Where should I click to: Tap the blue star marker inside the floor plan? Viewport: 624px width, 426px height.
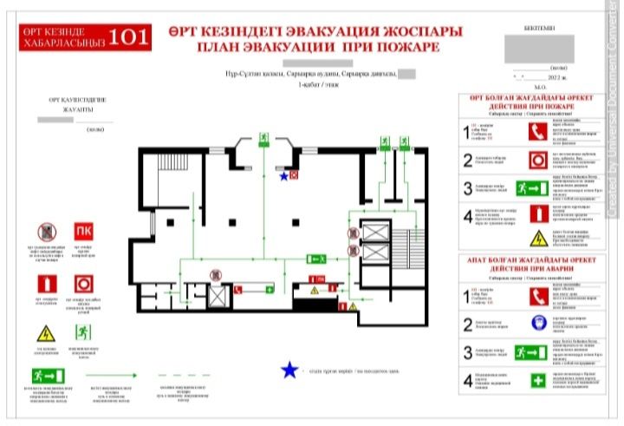[283, 176]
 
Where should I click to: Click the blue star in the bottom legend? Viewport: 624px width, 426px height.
[290, 371]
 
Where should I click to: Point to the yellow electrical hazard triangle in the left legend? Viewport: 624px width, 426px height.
[46, 334]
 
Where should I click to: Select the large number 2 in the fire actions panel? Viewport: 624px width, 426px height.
[467, 161]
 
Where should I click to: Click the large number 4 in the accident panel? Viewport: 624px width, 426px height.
[467, 381]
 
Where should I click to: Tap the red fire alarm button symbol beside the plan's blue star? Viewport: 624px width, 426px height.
[295, 175]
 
